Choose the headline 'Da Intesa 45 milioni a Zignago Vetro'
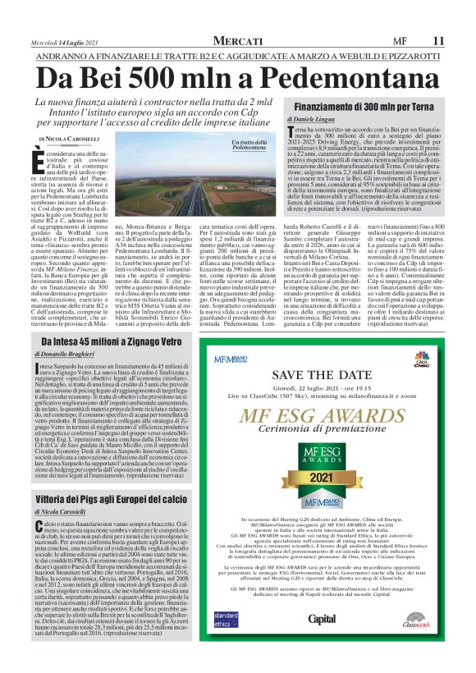click(110, 341)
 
